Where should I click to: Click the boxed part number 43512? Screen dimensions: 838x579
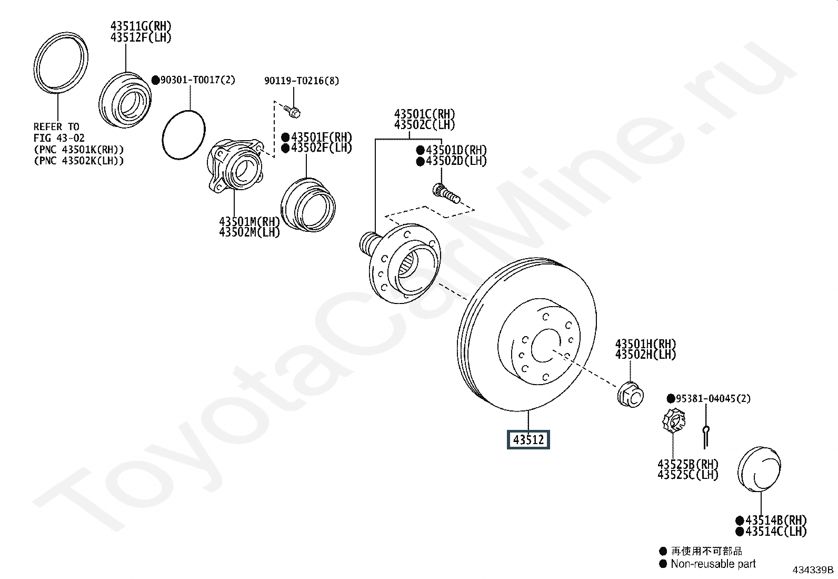[528, 439]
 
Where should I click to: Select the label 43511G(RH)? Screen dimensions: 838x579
[141, 26]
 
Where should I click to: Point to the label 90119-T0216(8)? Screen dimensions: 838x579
[302, 81]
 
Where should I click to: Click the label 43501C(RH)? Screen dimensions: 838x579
[425, 114]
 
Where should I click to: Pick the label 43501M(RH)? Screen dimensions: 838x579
[250, 221]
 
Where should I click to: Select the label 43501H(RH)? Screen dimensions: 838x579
[646, 344]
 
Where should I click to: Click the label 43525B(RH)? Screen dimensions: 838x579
[688, 464]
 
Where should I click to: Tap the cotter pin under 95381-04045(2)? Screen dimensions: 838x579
[705, 437]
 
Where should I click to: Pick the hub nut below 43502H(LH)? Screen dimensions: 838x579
[631, 395]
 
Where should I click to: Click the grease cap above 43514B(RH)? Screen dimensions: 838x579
[759, 469]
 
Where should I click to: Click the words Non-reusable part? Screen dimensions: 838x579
[713, 564]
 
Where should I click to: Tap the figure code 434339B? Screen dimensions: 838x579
[813, 570]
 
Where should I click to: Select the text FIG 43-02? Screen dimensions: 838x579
[59, 138]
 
